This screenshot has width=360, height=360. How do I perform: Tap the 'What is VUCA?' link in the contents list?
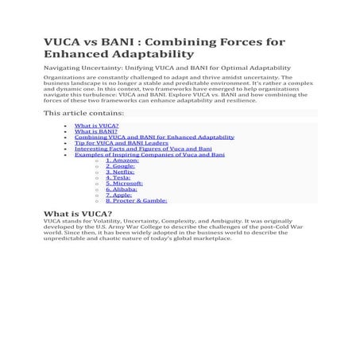[x=96, y=126]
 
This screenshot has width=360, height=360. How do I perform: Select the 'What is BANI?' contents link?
[x=95, y=131]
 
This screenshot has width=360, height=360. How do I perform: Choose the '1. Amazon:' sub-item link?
[x=122, y=161]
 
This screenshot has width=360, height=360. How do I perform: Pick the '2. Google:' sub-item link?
[x=120, y=166]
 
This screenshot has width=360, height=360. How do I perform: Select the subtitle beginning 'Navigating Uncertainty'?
[x=167, y=69]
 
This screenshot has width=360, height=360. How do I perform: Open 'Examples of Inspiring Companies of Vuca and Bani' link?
[x=149, y=154]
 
